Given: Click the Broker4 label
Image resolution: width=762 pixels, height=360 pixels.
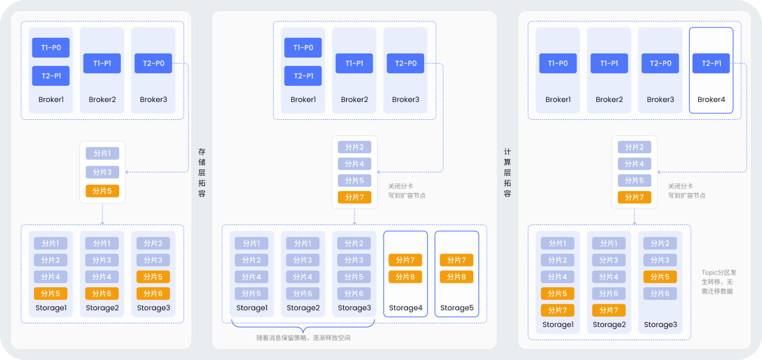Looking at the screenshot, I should click(x=711, y=99).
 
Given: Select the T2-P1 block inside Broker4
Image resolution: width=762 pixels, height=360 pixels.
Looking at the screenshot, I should click(x=711, y=63).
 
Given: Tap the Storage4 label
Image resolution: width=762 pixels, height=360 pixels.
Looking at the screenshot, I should click(x=405, y=308).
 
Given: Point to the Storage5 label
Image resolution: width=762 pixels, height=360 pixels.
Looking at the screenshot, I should click(x=457, y=308).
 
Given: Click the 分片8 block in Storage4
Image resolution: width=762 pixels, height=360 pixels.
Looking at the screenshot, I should click(x=405, y=277).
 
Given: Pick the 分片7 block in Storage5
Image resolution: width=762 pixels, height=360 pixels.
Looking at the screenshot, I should click(x=457, y=260).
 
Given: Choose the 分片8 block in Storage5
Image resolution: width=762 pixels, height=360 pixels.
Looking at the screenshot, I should click(x=457, y=277).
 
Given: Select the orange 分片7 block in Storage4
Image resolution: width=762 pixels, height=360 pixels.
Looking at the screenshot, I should click(x=405, y=260).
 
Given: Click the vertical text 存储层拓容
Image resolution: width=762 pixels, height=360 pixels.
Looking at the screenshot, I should click(x=202, y=173).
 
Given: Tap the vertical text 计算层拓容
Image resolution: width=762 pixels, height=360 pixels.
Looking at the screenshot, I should click(x=507, y=173).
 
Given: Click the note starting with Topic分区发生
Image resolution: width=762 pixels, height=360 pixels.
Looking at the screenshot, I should click(x=718, y=282).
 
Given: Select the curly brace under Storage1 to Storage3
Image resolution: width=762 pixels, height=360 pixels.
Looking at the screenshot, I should click(x=303, y=327).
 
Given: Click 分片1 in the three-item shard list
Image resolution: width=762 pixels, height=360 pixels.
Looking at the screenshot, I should click(x=102, y=153).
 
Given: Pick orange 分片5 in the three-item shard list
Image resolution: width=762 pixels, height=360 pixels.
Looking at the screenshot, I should click(x=102, y=191).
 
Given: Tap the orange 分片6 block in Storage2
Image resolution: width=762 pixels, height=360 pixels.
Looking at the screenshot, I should click(x=102, y=294).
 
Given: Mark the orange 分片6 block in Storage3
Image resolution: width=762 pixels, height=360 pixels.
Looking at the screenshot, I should click(x=153, y=294).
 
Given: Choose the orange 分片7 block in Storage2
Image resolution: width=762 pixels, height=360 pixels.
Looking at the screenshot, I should click(x=609, y=310).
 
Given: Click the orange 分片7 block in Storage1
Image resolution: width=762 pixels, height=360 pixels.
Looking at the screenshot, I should click(x=557, y=310).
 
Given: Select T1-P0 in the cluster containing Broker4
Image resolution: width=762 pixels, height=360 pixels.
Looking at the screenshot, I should click(x=558, y=63).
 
